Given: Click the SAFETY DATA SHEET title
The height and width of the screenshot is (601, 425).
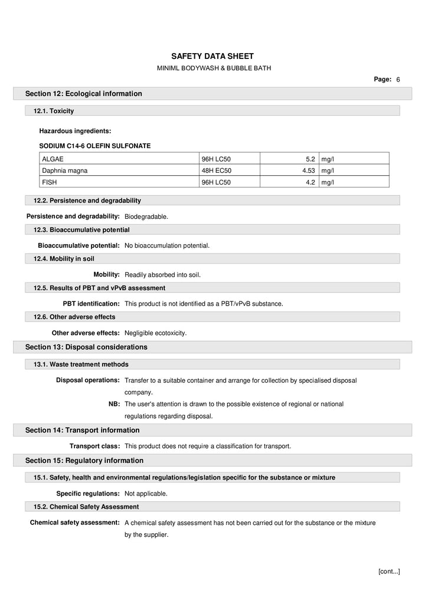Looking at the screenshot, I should (x=212, y=56).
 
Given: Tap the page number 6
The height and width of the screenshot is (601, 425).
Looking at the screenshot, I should (x=398, y=79).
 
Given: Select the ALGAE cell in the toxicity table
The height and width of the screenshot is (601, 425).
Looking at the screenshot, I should (x=53, y=159).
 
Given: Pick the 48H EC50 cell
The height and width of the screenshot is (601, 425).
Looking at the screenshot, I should (x=217, y=170).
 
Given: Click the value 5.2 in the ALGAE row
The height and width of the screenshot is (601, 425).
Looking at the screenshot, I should (x=310, y=159).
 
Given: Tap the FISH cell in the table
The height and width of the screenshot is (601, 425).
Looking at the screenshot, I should (x=49, y=182).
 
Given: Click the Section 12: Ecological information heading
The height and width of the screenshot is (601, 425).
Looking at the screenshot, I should (x=83, y=94).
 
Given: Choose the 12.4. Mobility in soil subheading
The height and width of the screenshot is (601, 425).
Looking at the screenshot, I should (x=64, y=258).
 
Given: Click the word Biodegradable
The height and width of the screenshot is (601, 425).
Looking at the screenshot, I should (x=146, y=216).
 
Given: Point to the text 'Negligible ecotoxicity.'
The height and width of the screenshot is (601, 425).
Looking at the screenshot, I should (x=155, y=333).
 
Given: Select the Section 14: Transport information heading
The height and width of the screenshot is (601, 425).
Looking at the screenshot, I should (x=82, y=431).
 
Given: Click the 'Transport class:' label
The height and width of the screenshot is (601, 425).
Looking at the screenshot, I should (x=94, y=446).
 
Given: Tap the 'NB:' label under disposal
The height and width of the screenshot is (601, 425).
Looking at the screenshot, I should (x=114, y=404).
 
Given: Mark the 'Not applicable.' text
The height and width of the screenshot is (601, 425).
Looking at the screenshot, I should (x=146, y=494).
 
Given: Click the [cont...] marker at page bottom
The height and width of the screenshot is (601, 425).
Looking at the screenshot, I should (x=388, y=571).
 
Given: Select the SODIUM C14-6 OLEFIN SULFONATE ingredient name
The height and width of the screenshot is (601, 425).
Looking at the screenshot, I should (x=94, y=145).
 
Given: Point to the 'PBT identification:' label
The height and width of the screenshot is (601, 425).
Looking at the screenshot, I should (x=91, y=304).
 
